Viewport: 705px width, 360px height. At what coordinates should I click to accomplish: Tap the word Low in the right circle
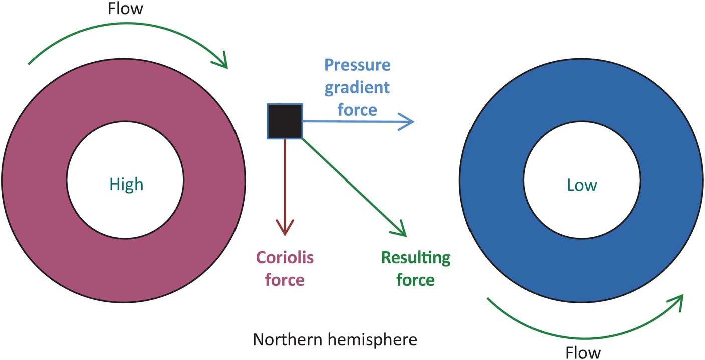point(582,185)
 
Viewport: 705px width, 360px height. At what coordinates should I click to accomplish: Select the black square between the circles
point(285,121)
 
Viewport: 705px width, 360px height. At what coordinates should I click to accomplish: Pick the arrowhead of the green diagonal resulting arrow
point(400,232)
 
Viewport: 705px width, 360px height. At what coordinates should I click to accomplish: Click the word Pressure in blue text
point(357,65)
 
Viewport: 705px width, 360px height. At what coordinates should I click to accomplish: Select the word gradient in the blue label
point(357,87)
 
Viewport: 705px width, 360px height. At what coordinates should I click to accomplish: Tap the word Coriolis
point(285,258)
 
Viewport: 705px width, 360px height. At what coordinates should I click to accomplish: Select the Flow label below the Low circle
point(583,353)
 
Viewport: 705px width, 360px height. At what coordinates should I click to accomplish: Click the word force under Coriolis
point(285,279)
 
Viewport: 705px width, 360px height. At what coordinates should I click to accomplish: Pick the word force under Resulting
point(415,279)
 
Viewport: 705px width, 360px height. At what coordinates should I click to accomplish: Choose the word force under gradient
point(357,109)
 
